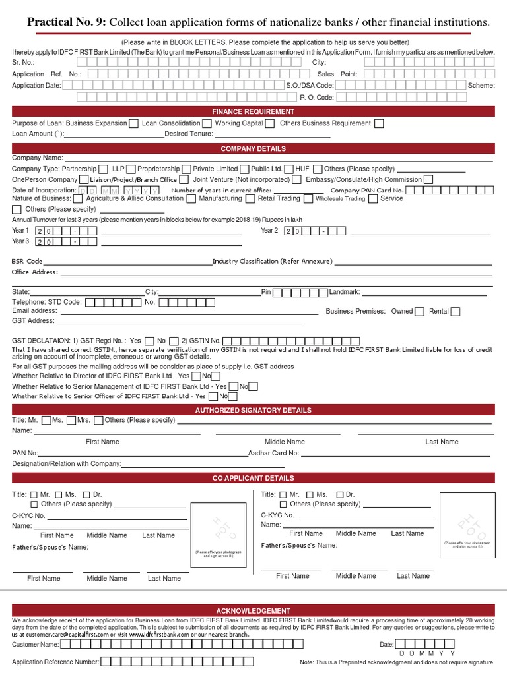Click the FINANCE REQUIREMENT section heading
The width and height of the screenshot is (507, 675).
[x=253, y=111]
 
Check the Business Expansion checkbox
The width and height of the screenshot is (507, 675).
[x=134, y=123]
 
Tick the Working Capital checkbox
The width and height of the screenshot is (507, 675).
[x=269, y=123]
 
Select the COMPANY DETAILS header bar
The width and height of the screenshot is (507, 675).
[x=253, y=149]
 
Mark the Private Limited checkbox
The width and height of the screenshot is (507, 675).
[x=245, y=169]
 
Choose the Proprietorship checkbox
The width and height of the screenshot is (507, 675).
[x=187, y=169]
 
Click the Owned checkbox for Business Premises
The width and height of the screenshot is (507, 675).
[x=420, y=312]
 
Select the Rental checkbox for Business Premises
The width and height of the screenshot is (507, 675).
[x=456, y=312]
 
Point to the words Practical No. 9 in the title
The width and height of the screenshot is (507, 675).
[x=66, y=23]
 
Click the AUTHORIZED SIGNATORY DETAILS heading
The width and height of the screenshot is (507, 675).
[x=253, y=410]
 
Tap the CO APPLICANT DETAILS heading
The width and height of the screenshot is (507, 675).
[x=253, y=478]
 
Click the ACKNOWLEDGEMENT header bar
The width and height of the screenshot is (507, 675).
[x=253, y=611]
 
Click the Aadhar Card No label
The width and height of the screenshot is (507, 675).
[x=274, y=454]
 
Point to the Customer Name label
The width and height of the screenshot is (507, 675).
[x=36, y=644]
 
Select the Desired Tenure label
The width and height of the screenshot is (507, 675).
[x=189, y=134]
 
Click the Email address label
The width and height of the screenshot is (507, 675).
[x=34, y=311]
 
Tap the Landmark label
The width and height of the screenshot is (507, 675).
[x=345, y=292]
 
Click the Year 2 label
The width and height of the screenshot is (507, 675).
[x=269, y=231]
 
